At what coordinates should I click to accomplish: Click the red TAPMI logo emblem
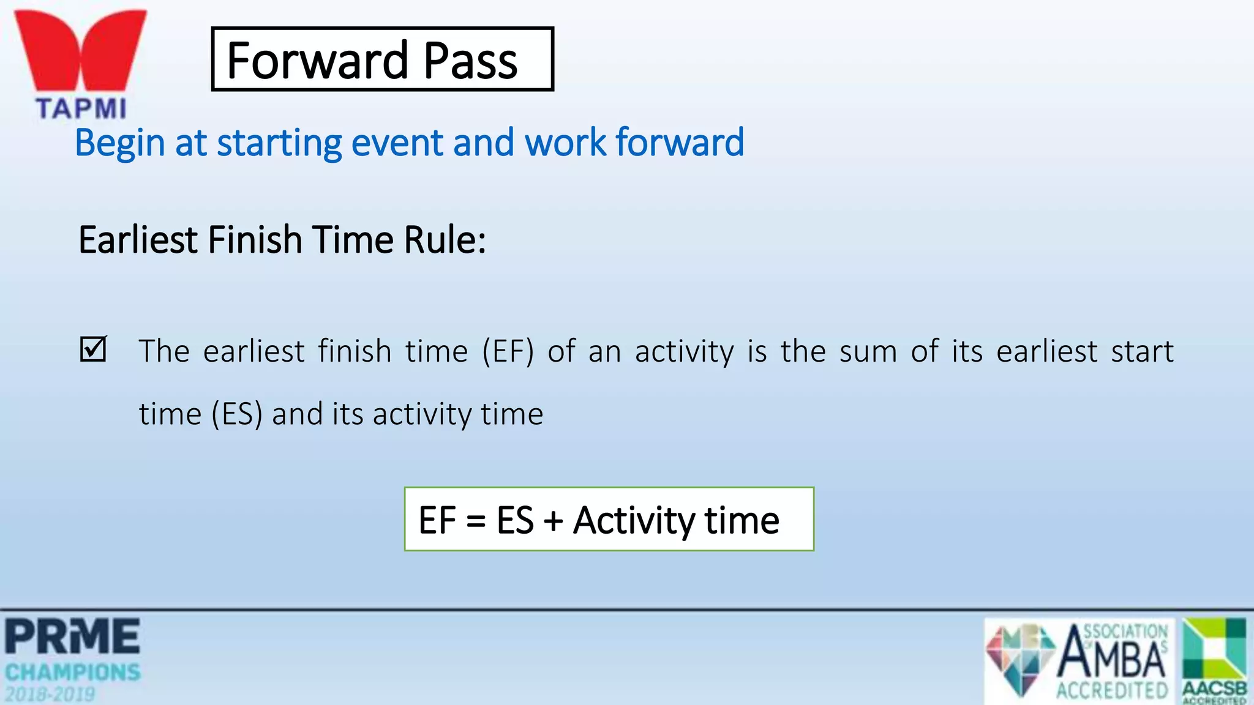pos(80,49)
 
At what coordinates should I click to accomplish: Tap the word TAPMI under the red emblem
pos(81,109)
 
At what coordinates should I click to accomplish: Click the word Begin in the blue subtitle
pos(120,143)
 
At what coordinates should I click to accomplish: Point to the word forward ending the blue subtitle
pos(680,142)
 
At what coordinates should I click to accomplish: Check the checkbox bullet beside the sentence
pos(94,349)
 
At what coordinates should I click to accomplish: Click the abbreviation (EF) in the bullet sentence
pos(508,351)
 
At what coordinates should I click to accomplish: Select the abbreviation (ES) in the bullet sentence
pos(237,414)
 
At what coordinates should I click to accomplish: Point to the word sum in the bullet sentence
pos(868,351)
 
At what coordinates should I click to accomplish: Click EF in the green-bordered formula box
pos(437,520)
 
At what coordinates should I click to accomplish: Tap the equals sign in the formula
pos(476,521)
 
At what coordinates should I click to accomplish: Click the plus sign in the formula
pos(553,521)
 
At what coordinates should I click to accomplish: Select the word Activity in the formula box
pos(633,520)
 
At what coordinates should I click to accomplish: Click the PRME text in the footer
pos(73,636)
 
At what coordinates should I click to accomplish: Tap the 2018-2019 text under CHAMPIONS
pos(50,694)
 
